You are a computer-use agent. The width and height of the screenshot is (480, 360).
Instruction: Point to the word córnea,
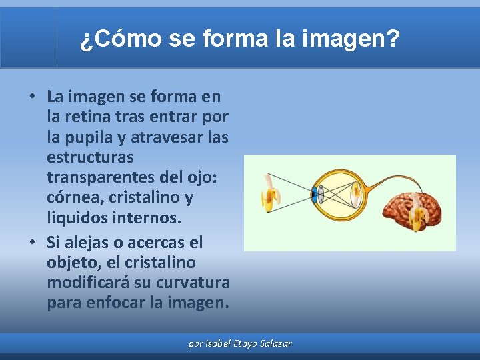point(71,198)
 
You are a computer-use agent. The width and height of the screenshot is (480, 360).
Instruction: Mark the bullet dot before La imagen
point(32,97)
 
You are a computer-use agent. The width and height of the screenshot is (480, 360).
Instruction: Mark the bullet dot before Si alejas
point(32,242)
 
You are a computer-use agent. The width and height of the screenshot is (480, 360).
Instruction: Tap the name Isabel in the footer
point(219,344)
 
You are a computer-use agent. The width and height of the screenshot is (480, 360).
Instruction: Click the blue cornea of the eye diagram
point(314,195)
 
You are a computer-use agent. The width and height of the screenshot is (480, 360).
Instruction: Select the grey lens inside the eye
point(321,195)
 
